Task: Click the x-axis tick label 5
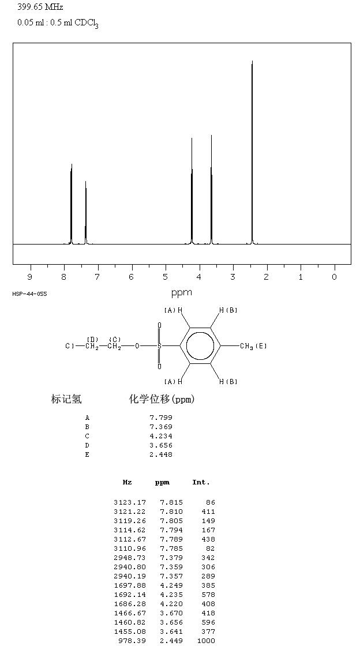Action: pyautogui.click(x=165, y=277)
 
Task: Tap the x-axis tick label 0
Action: pyautogui.click(x=334, y=277)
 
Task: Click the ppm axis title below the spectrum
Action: pyautogui.click(x=182, y=292)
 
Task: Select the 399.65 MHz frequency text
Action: pyautogui.click(x=40, y=7)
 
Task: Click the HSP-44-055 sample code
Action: pyautogui.click(x=29, y=294)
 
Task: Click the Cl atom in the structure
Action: pyautogui.click(x=70, y=346)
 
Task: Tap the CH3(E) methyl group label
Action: pyautogui.click(x=253, y=346)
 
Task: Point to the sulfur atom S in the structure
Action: pyautogui.click(x=159, y=346)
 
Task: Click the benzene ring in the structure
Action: pyautogui.click(x=200, y=346)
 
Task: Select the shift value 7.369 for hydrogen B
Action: pyautogui.click(x=161, y=427)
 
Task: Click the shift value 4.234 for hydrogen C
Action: pyautogui.click(x=161, y=436)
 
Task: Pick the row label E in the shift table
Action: pyautogui.click(x=87, y=454)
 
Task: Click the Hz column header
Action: pyautogui.click(x=127, y=482)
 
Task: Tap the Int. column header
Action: pyautogui.click(x=201, y=482)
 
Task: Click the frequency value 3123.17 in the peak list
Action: pyautogui.click(x=130, y=502)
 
